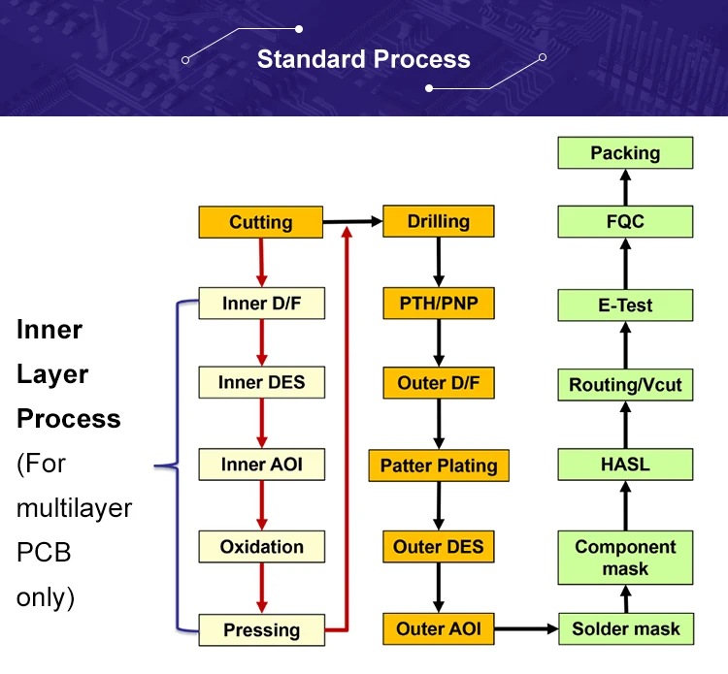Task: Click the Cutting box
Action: point(260,222)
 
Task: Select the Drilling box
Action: point(439,221)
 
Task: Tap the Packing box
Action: point(625,152)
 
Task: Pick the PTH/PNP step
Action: point(439,304)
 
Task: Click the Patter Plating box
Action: point(439,465)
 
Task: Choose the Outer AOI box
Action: point(439,629)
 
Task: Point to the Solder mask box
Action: point(626,629)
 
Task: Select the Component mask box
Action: point(625,558)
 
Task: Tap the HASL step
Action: point(625,465)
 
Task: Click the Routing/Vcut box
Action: point(625,385)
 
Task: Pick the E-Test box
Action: point(625,305)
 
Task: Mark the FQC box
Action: point(625,221)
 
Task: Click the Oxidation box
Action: point(261,547)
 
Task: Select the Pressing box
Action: point(261,630)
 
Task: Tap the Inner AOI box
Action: point(261,465)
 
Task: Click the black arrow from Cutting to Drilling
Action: point(353,222)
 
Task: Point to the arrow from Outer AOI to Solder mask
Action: point(526,629)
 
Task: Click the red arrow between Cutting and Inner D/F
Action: point(261,263)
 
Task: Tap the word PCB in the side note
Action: point(44,553)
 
